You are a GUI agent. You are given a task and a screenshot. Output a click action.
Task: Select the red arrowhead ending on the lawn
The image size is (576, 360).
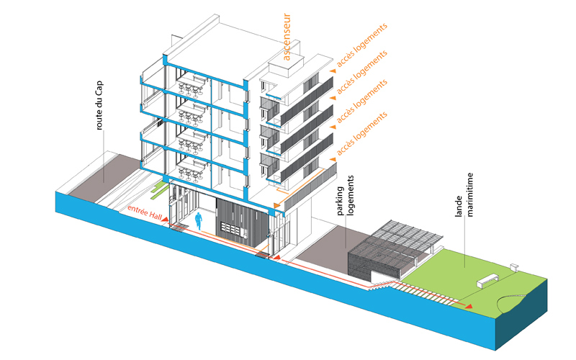click(x=469, y=307)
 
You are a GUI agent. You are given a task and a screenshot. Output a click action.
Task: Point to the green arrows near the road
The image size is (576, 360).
click(x=158, y=190)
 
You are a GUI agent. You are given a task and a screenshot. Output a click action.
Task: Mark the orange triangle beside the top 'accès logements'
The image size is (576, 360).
click(x=332, y=71)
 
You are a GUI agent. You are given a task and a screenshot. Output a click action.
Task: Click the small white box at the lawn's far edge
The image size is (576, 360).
click(x=514, y=266)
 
